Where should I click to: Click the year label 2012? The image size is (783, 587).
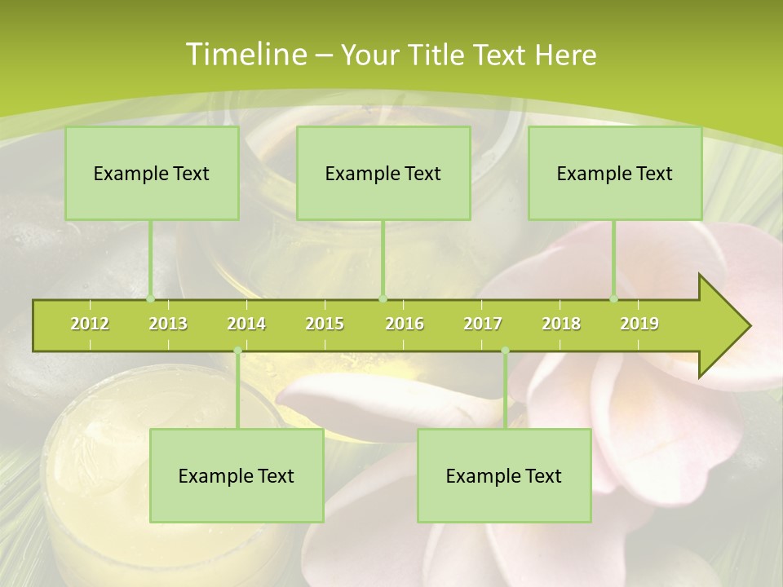click(x=90, y=324)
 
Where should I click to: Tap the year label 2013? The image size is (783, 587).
click(x=168, y=324)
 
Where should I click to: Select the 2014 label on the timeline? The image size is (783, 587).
click(x=246, y=324)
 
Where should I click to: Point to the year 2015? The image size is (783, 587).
click(x=325, y=324)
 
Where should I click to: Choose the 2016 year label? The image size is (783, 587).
click(x=405, y=324)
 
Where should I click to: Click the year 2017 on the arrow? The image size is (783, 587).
click(x=483, y=324)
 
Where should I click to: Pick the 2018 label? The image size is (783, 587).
click(x=561, y=324)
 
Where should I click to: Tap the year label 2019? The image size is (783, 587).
click(x=639, y=324)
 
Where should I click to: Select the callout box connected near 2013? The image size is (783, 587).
click(x=152, y=173)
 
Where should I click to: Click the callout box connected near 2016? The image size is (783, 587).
click(x=383, y=173)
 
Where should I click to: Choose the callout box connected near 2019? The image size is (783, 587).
click(x=615, y=173)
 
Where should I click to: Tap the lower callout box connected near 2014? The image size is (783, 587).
click(x=237, y=475)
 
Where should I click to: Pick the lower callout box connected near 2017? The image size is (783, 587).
click(x=504, y=475)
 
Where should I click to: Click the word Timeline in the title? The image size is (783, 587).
click(x=245, y=55)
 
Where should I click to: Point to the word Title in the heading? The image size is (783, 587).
click(x=439, y=55)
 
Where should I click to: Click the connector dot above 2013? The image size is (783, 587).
click(x=151, y=299)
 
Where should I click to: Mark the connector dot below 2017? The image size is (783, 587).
click(x=505, y=351)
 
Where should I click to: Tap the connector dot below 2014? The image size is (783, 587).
click(x=237, y=351)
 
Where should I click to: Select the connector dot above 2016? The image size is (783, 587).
click(x=383, y=299)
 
